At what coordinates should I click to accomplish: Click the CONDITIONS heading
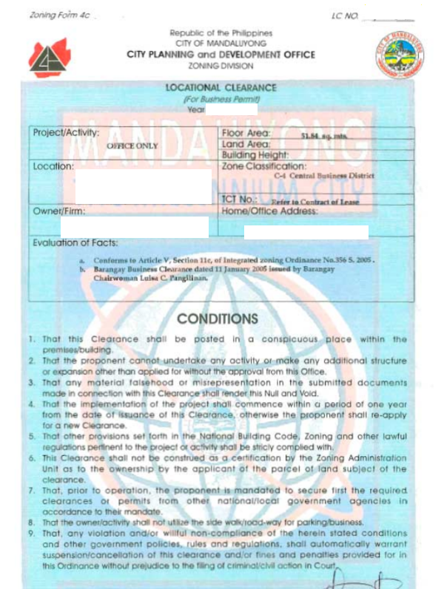[218, 319]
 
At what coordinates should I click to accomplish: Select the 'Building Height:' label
[256, 156]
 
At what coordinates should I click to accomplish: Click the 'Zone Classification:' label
[263, 166]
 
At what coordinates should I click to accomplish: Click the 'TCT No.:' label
[239, 200]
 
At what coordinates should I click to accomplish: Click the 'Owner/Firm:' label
[59, 211]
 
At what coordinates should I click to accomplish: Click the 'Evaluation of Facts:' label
[75, 242]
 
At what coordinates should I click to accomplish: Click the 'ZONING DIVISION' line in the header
[221, 65]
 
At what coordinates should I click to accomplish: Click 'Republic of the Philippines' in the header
[221, 33]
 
